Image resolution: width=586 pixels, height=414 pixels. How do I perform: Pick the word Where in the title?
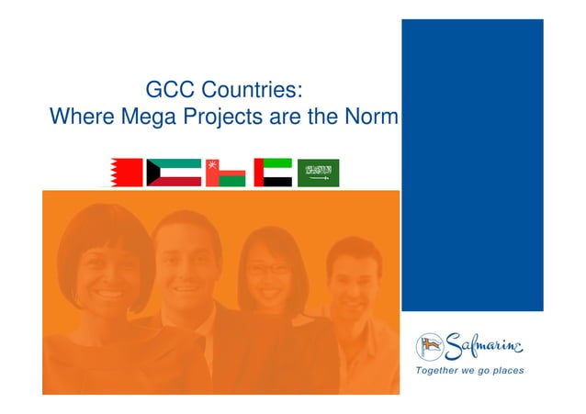point(77,117)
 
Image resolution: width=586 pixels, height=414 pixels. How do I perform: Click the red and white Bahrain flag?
point(125,172)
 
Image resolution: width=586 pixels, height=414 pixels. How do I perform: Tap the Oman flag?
point(225,172)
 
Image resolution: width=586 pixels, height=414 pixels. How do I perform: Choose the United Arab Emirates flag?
point(273,172)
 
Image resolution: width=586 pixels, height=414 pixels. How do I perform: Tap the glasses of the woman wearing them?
point(266,269)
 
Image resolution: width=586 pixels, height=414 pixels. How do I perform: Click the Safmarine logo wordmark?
point(484,346)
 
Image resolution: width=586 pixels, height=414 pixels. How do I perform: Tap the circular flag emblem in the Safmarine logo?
point(430,346)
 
